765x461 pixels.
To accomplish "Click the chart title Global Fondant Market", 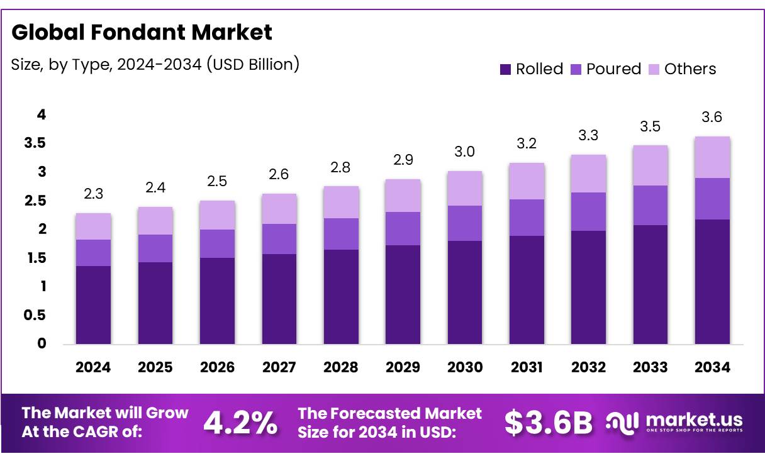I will [x=142, y=32].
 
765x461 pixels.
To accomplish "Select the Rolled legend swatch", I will [x=505, y=69].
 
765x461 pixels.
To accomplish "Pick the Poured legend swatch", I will [x=576, y=69].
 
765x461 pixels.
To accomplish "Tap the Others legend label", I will [x=690, y=69].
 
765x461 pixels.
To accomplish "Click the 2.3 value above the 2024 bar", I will [x=93, y=194].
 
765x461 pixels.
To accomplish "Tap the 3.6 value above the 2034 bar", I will [x=712, y=118].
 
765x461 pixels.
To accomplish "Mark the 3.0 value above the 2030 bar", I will [x=465, y=152].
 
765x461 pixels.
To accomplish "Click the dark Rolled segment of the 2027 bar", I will [x=279, y=299].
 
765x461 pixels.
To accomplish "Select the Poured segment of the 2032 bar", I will [x=588, y=211].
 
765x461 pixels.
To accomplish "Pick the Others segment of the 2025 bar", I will [x=155, y=221].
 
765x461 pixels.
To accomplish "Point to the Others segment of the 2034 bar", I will [x=712, y=157].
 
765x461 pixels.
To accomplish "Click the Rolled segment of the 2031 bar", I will [x=527, y=290].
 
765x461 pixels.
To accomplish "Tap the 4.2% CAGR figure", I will [x=240, y=423].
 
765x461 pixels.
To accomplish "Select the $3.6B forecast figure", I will [x=548, y=423].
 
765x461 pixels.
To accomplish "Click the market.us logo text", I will [x=694, y=419].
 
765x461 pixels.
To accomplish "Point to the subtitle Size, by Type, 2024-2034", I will [x=155, y=64].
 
